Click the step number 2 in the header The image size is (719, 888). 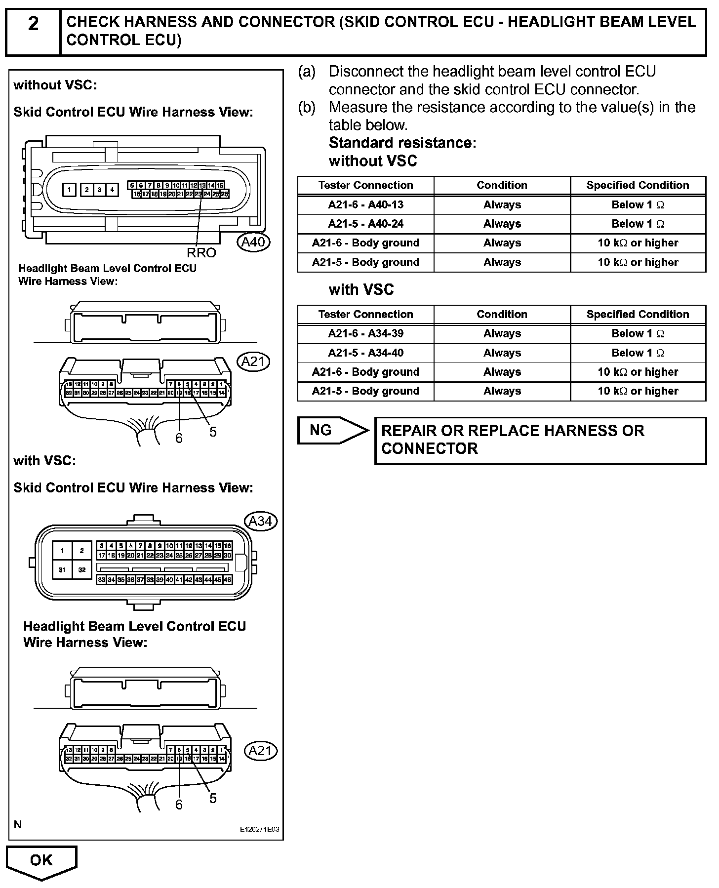pos(33,24)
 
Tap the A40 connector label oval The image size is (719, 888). pos(253,242)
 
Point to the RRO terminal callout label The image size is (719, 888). pos(201,253)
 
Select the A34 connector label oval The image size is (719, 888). pos(261,521)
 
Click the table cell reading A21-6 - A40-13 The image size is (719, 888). pos(365,204)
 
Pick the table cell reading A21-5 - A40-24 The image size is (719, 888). pos(365,224)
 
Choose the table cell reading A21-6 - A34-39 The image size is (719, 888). pos(365,333)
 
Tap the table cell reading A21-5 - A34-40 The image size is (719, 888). pos(365,353)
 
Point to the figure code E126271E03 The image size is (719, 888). pos(259,829)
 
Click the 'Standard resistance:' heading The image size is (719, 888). pos(402,143)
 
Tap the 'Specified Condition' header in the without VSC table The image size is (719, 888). pos(638,185)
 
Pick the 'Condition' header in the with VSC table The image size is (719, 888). pos(502,314)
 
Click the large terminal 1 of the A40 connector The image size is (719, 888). pos(70,190)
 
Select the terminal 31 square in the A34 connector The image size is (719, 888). pos(62,569)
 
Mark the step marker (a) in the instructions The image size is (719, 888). pos(306,72)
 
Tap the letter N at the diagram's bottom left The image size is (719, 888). pos(18,824)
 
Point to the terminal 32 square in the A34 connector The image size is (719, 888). pos(82,569)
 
